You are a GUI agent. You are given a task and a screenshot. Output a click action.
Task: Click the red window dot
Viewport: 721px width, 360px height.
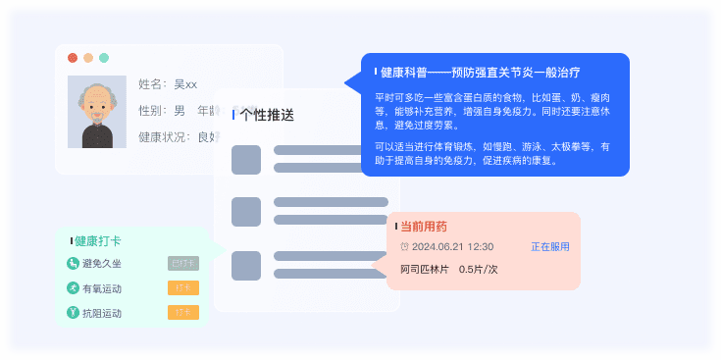coord(73,58)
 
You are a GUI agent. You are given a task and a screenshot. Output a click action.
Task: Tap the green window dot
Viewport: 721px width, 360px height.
coord(103,58)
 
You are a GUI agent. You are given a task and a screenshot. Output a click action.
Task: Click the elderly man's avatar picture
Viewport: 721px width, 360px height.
coord(96,112)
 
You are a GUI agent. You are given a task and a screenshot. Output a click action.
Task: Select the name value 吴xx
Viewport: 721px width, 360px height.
coord(185,84)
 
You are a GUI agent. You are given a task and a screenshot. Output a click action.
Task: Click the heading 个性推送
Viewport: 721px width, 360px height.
coord(267,115)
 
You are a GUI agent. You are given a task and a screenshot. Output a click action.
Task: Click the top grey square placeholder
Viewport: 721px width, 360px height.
coord(246,159)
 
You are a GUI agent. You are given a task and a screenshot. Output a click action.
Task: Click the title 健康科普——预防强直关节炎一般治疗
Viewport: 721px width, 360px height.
coord(480,73)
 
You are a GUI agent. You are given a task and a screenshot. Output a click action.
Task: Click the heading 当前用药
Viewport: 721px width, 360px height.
coord(424,227)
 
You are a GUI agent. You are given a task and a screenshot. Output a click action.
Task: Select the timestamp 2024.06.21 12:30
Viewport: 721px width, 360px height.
coord(453,247)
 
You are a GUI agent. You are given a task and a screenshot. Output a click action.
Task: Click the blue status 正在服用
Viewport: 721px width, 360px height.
coord(550,247)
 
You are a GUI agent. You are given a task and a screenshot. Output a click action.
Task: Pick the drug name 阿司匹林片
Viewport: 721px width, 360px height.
coord(425,269)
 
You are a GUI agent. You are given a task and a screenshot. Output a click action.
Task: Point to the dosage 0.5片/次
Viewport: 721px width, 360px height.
coord(479,269)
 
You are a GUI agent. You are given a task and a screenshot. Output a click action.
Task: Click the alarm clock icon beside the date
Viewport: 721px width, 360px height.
coord(404,247)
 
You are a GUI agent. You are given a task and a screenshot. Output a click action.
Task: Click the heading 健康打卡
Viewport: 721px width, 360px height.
coord(98,240)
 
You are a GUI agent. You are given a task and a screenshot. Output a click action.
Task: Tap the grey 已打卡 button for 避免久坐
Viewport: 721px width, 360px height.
coord(183,263)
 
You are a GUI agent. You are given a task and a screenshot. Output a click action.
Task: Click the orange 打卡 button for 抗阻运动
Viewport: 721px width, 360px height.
coord(183,313)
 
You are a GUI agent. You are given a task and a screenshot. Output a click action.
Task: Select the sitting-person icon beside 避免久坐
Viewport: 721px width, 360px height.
coord(73,263)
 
